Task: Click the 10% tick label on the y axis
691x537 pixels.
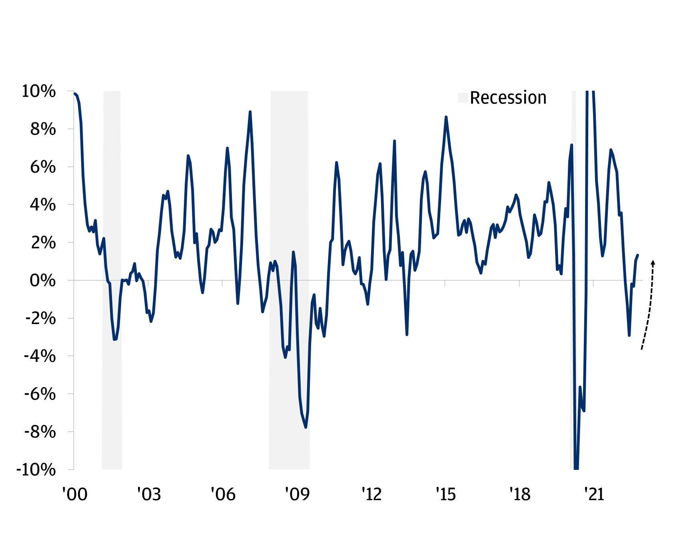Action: point(38,91)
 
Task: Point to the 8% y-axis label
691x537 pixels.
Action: point(43,129)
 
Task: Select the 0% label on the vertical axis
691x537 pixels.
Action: point(43,280)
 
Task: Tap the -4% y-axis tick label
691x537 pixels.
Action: point(40,356)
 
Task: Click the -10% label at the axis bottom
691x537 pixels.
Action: point(36,469)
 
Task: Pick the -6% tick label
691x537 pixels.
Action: point(40,394)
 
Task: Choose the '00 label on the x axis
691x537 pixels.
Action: point(75,495)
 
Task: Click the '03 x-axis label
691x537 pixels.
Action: point(149,495)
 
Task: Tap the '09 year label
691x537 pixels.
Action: point(297,495)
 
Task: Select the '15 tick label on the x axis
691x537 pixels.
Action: point(445,495)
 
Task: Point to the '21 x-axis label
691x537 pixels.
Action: point(594,495)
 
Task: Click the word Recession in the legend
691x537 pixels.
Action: point(508,98)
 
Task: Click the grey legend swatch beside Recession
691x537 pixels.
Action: point(463,98)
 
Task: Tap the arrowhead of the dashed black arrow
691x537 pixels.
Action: point(653,263)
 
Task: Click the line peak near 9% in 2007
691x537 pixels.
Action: point(250,112)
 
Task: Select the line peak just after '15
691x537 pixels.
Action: point(446,117)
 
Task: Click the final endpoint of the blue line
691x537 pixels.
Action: point(638,255)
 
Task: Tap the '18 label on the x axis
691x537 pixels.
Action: point(519,495)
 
